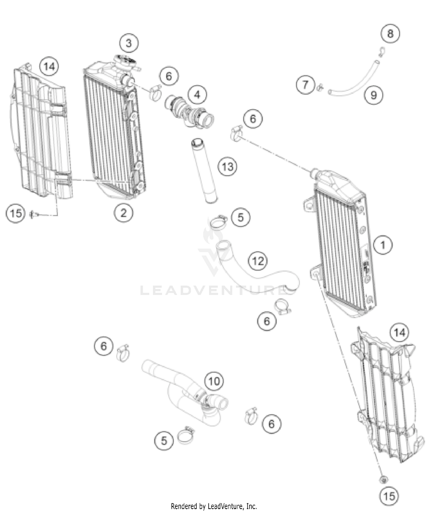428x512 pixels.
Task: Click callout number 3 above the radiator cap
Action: pos(129,43)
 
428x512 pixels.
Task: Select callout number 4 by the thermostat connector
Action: pos(197,95)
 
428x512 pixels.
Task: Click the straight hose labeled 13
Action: pos(204,171)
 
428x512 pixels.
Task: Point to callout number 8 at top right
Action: pos(390,34)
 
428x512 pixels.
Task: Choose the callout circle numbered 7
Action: pos(305,85)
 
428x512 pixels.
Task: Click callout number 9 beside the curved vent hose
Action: pos(374,95)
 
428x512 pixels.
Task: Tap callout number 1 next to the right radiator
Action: pos(383,245)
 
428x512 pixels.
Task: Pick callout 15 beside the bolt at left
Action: pos(15,213)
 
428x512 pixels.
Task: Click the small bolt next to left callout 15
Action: pos(32,213)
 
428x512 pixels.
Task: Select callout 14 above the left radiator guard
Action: pos(49,67)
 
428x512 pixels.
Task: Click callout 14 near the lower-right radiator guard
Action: pos(399,333)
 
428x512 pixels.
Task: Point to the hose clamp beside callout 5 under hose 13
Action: pos(218,222)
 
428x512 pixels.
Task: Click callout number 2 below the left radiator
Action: pos(123,213)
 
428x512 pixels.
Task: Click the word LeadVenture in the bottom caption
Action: pos(225,506)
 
